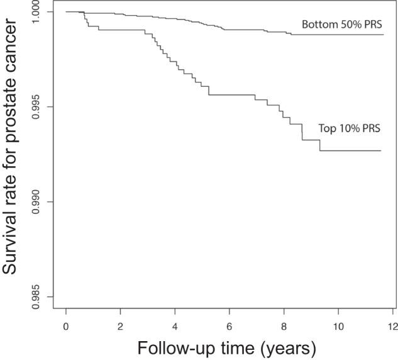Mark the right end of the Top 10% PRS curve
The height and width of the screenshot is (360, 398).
tap(381, 151)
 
